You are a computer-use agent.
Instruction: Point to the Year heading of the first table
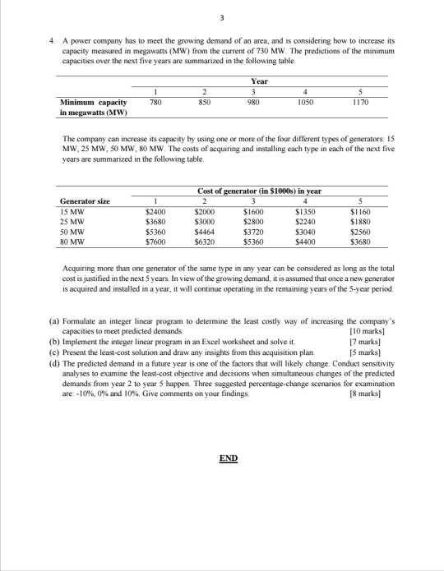pyautogui.click(x=257, y=81)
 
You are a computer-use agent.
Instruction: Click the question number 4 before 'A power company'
pyautogui.click(x=52, y=39)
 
